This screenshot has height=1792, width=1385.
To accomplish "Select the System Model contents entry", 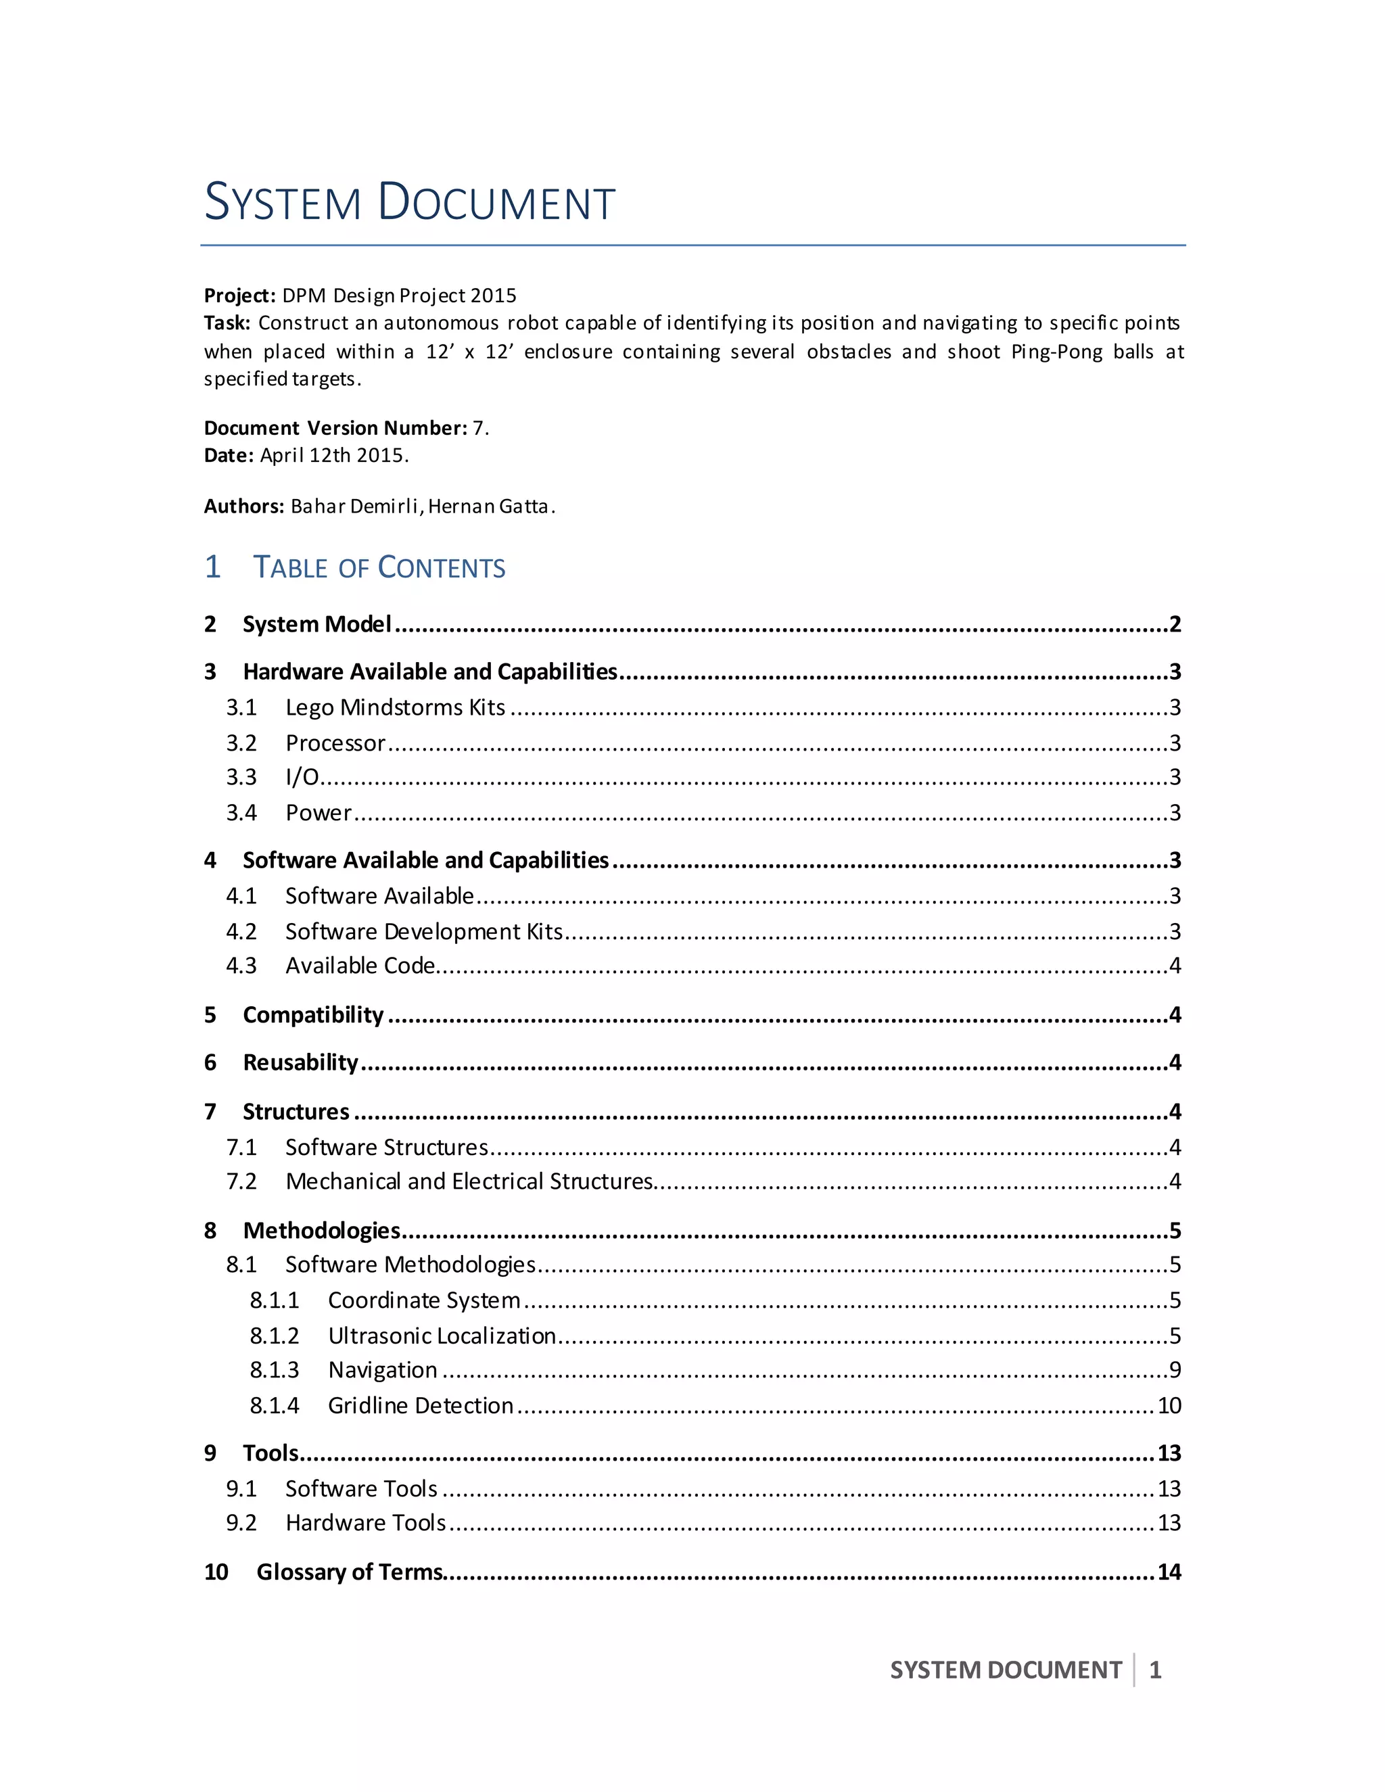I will (x=316, y=624).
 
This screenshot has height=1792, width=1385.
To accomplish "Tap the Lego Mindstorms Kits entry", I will (x=395, y=707).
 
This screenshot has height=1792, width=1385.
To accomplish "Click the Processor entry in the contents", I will (x=335, y=743).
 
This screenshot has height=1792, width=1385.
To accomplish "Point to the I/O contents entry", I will (x=302, y=777).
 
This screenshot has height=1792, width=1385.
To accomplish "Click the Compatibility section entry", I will (x=312, y=1015).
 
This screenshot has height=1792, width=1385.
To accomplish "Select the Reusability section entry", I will (x=300, y=1062).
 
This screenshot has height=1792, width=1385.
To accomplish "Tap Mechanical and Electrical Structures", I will (x=469, y=1181).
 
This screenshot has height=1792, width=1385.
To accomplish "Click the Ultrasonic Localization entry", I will (x=442, y=1336).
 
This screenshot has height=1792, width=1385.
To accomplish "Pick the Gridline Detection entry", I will (x=420, y=1406).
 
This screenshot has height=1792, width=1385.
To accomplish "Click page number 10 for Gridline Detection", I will (x=1169, y=1406).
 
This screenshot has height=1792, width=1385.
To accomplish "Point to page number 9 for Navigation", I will (x=1175, y=1370).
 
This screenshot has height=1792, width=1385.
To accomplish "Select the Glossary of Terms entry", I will (x=350, y=1572).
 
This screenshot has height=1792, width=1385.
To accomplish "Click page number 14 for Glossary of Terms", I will (x=1169, y=1572).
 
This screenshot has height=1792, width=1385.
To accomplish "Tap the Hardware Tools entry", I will (x=365, y=1523).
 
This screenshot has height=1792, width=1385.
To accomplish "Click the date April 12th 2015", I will (x=333, y=455).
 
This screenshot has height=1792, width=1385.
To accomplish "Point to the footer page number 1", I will (x=1155, y=1670).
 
